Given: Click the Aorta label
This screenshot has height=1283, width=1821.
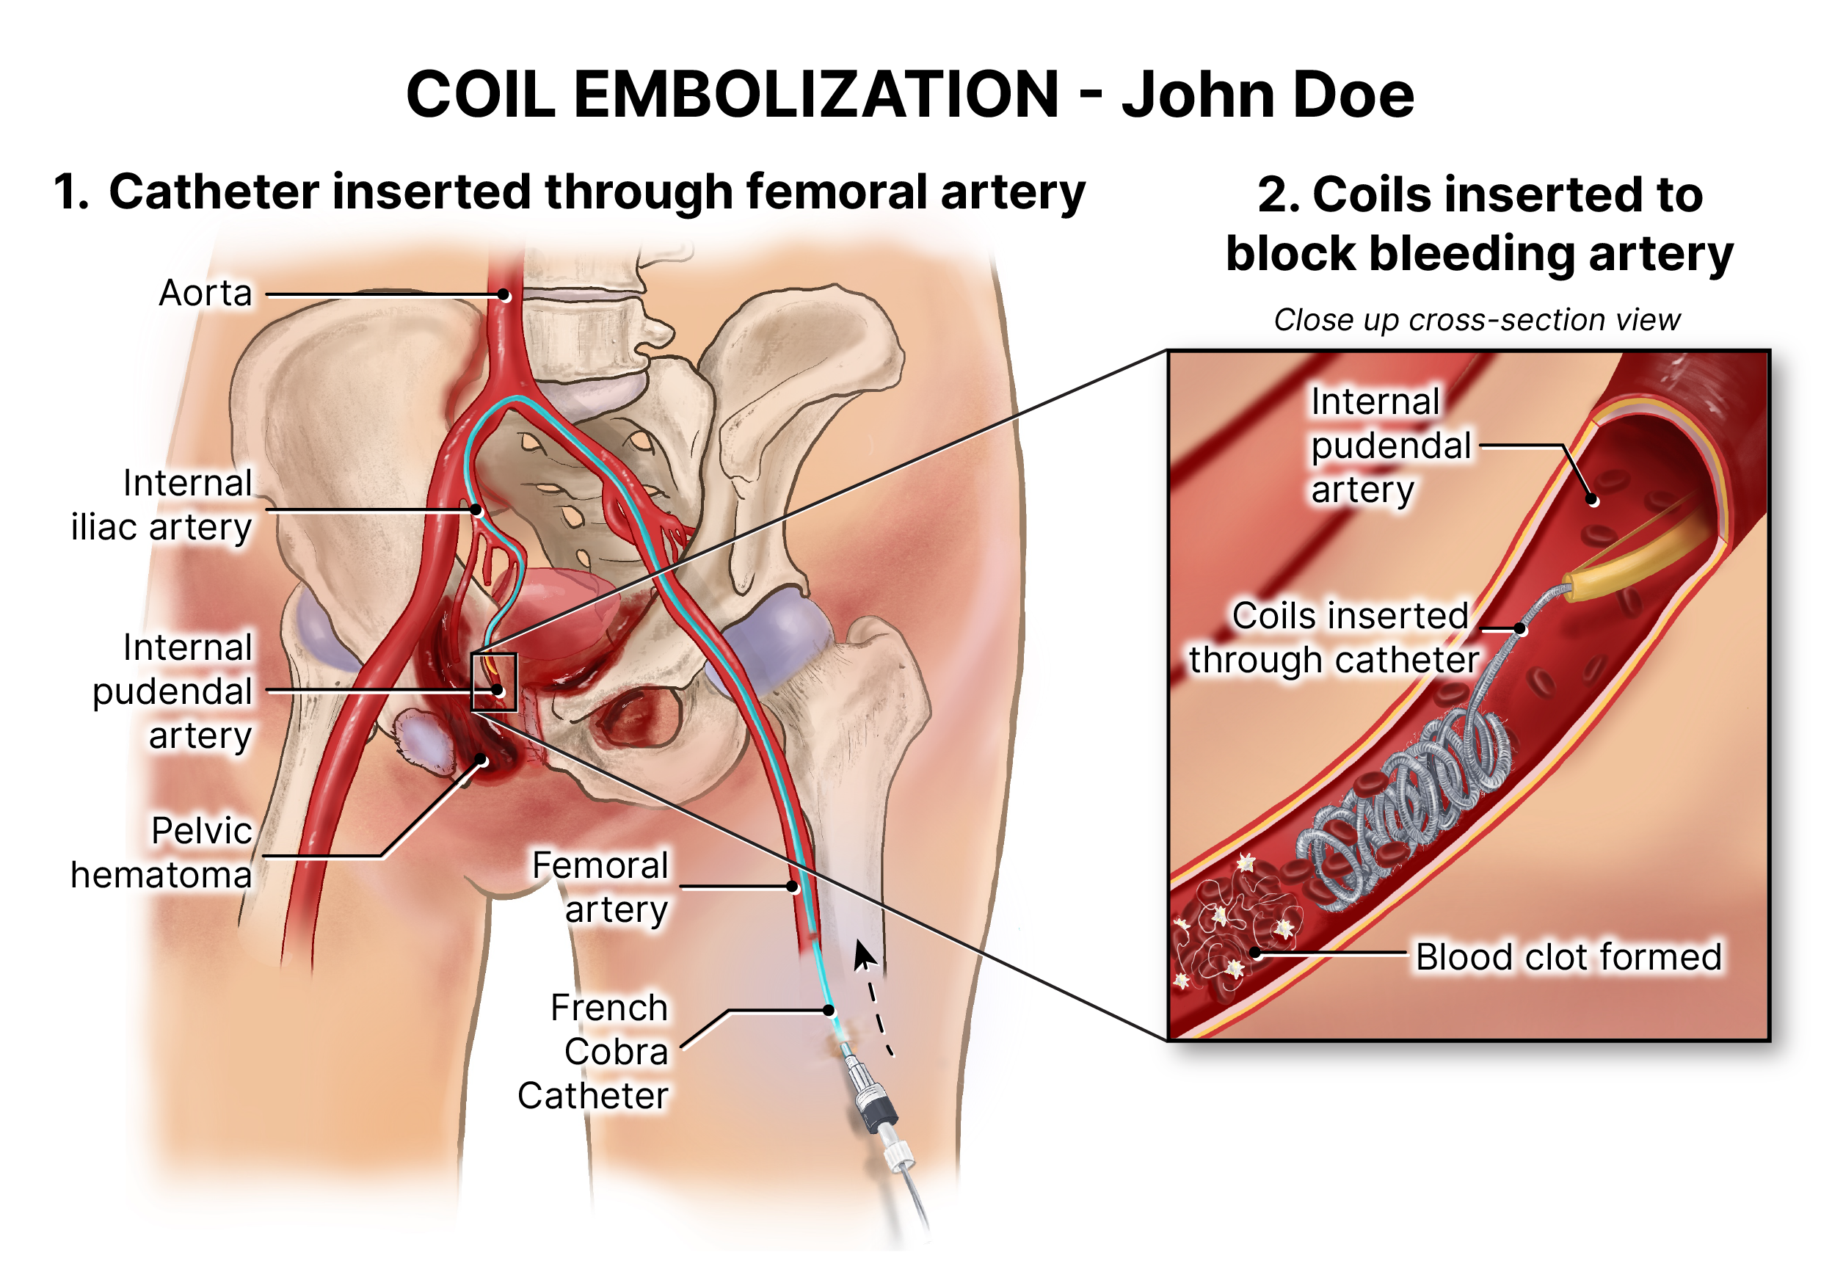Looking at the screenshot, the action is (206, 294).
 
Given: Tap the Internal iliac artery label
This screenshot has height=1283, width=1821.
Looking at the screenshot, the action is (161, 505).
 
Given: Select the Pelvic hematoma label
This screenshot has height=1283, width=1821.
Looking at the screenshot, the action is (161, 853).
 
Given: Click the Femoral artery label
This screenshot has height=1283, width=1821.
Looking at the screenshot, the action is (600, 887).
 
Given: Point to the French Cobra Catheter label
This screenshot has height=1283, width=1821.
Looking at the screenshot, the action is (593, 1052).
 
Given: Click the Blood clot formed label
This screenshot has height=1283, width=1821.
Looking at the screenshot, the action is (1569, 957).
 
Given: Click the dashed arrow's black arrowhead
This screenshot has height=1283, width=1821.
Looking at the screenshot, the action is (864, 955).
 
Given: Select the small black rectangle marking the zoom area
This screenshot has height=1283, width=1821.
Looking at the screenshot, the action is (494, 682).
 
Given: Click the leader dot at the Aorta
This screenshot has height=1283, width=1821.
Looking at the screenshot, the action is (504, 295).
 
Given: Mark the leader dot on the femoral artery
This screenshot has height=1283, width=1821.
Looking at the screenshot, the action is (792, 887).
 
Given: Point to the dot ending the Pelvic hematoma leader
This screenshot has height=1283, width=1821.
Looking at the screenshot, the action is (481, 760).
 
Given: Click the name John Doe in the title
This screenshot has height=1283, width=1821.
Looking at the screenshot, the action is (1268, 95).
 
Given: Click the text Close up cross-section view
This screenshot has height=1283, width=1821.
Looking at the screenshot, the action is (1477, 319).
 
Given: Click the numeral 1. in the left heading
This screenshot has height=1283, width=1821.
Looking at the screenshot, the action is (71, 193).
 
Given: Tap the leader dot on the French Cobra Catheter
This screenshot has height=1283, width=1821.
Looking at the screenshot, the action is (829, 1010).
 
